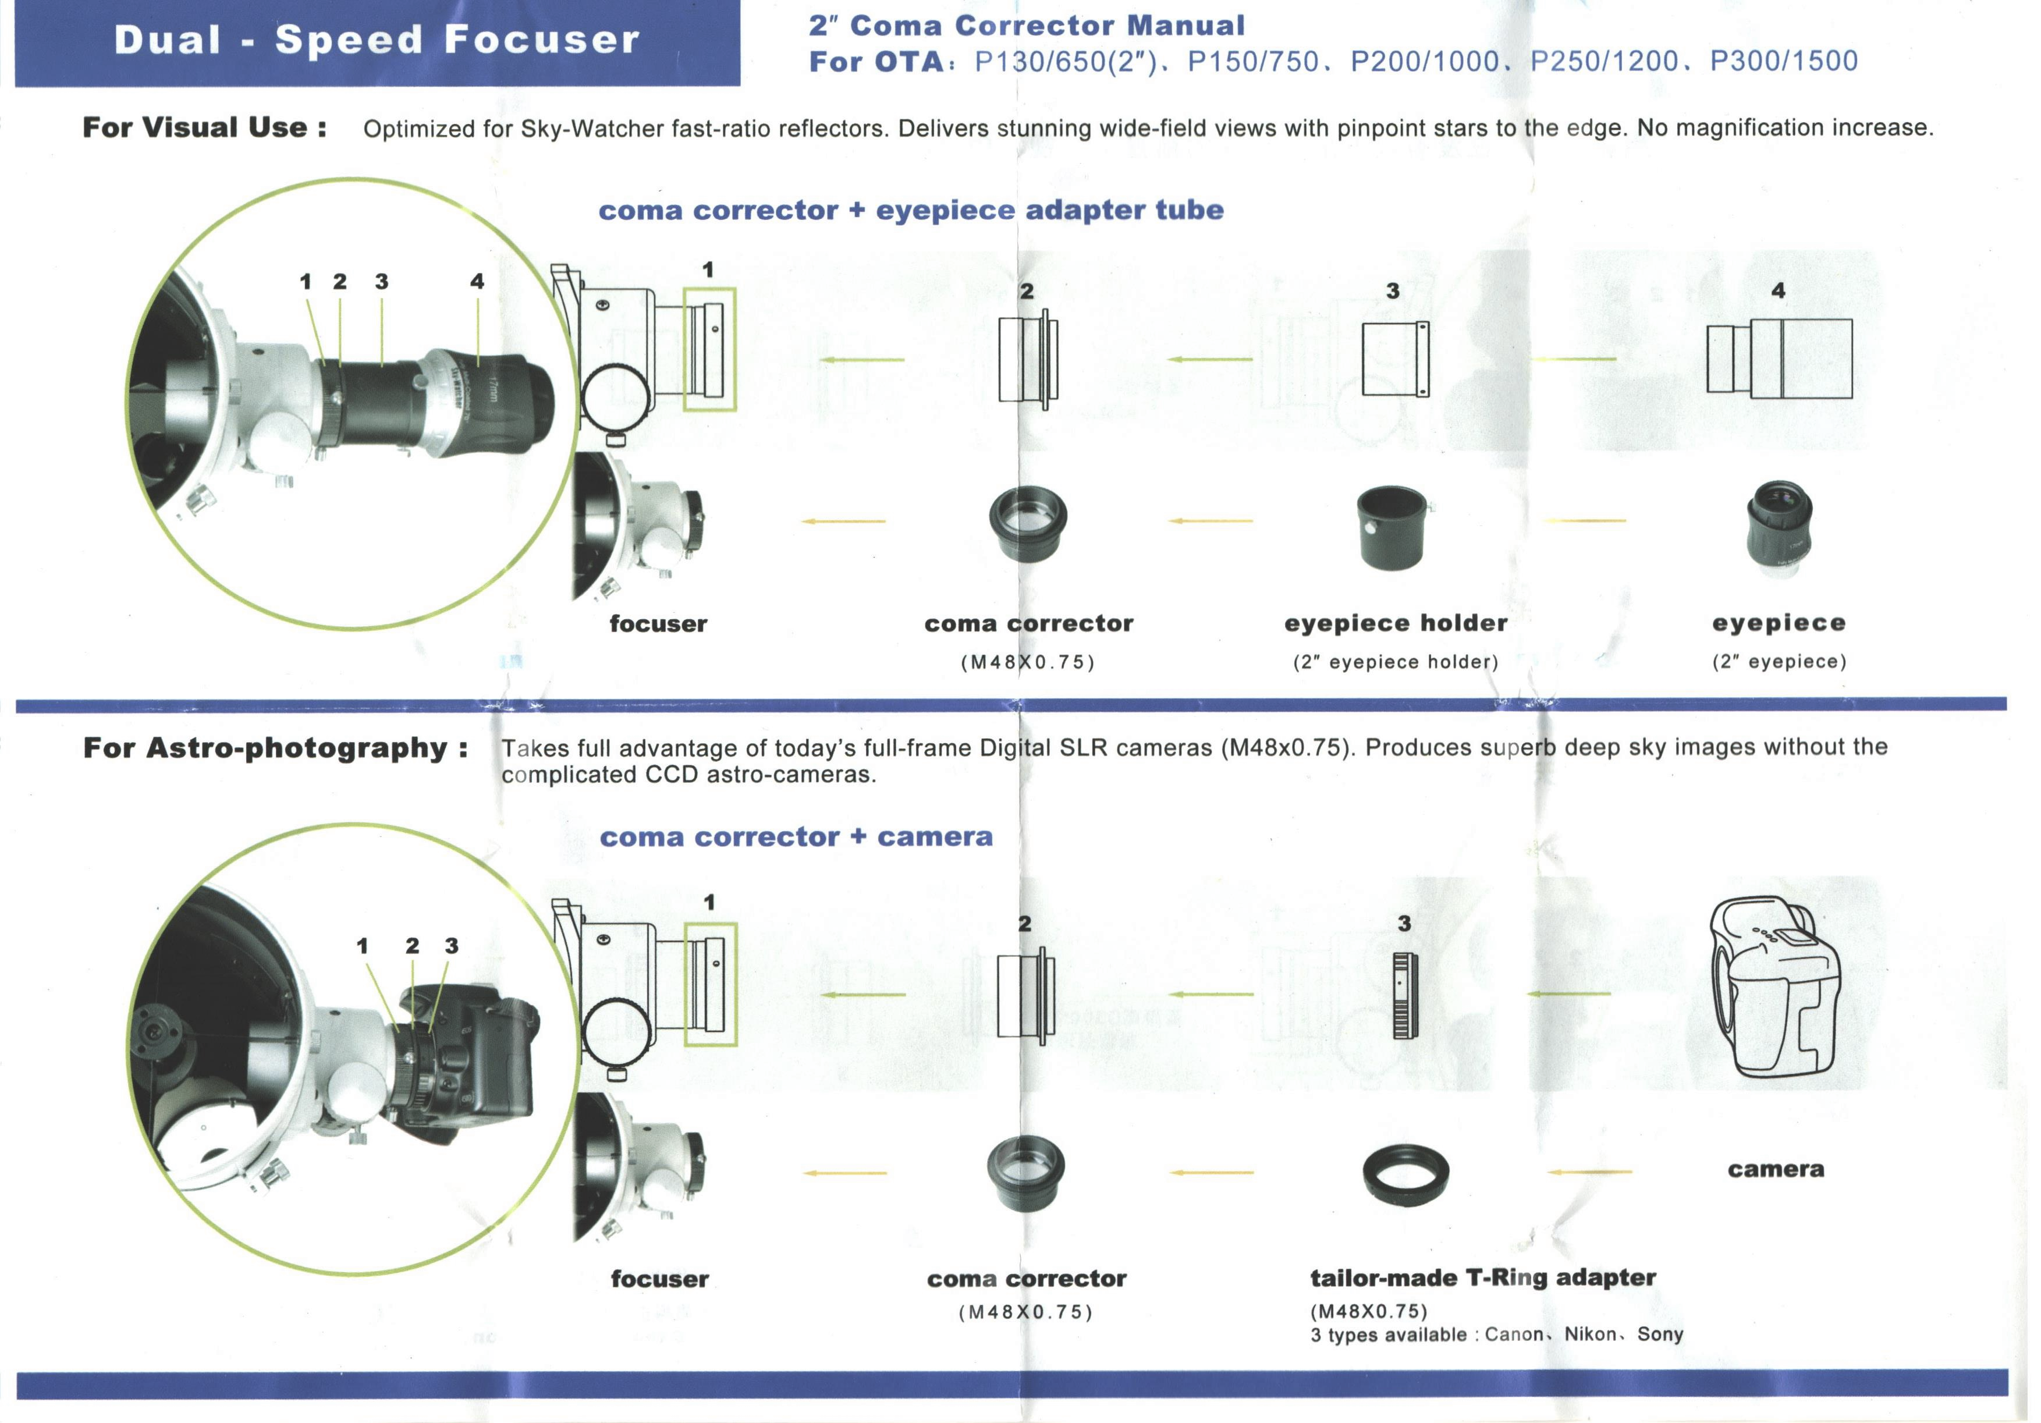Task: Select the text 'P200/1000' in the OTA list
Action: pyautogui.click(x=1424, y=61)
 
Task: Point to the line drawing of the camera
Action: pyautogui.click(x=1775, y=988)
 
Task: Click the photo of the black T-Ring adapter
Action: pyautogui.click(x=1405, y=1174)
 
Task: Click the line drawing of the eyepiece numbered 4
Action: pyautogui.click(x=1780, y=358)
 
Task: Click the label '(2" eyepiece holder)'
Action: pyautogui.click(x=1396, y=662)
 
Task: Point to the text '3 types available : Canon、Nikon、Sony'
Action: pyautogui.click(x=1497, y=1334)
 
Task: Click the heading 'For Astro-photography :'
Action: pyautogui.click(x=276, y=748)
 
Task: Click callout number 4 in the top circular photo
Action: pyautogui.click(x=477, y=282)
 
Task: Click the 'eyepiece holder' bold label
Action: pyautogui.click(x=1396, y=623)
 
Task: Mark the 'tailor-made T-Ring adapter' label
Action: pyautogui.click(x=1483, y=1278)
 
